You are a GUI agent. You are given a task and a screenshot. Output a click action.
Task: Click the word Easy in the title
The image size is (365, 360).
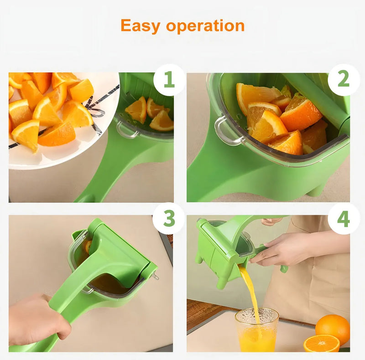click(x=140, y=26)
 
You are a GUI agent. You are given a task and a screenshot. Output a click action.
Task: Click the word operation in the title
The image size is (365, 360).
click(x=205, y=26)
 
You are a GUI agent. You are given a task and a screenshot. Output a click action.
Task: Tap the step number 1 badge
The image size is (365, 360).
click(x=169, y=80)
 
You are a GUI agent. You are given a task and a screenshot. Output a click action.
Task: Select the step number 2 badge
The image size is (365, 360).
click(x=344, y=80)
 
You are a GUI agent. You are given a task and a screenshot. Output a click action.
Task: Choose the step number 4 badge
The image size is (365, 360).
click(x=344, y=219)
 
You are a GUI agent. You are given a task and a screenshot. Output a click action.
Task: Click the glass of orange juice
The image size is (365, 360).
click(x=256, y=330)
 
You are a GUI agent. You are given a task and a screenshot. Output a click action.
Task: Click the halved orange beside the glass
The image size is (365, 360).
click(x=321, y=343)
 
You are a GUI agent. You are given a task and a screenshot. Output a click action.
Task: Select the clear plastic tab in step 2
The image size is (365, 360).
click(x=227, y=131)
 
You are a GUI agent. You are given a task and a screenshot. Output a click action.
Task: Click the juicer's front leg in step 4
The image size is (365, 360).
click(x=222, y=282)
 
